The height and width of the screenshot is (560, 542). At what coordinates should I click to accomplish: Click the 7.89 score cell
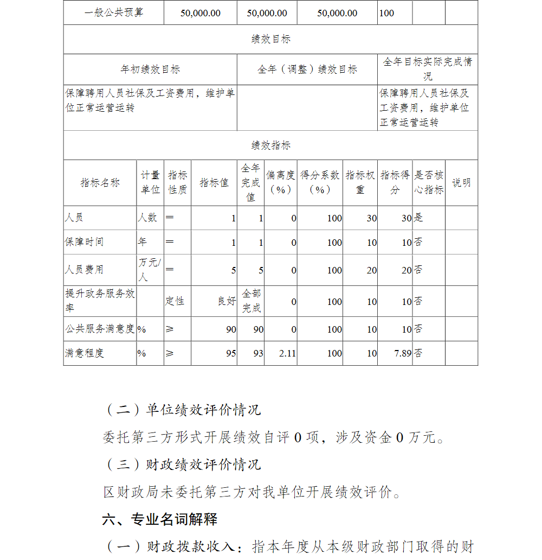(x=401, y=353)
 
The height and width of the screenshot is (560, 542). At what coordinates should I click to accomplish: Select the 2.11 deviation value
(x=287, y=353)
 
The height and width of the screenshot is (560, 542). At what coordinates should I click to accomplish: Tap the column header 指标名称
(x=100, y=183)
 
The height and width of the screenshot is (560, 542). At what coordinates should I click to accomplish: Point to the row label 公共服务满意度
(x=100, y=329)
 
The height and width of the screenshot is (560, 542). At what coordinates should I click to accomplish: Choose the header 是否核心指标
(x=429, y=183)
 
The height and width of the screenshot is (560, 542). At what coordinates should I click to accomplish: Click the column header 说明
(x=461, y=183)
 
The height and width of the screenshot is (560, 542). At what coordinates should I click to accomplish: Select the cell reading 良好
(x=227, y=301)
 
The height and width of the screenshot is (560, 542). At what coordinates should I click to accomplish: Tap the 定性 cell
(x=175, y=301)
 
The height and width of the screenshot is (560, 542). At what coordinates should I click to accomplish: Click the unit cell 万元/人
(x=150, y=270)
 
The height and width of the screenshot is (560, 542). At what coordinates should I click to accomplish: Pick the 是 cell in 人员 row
(x=418, y=218)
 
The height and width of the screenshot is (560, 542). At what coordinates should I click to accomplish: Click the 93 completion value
(x=258, y=353)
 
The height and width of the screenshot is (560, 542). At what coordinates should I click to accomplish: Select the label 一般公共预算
(x=114, y=12)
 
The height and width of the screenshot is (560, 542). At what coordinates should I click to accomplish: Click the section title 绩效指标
(x=270, y=145)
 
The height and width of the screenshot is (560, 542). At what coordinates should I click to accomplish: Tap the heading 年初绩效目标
(x=150, y=69)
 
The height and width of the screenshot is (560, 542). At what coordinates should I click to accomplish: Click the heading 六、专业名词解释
(x=160, y=519)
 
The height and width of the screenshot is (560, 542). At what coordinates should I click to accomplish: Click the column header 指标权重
(x=360, y=183)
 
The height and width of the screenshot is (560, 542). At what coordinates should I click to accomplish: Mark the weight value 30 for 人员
(x=371, y=218)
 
